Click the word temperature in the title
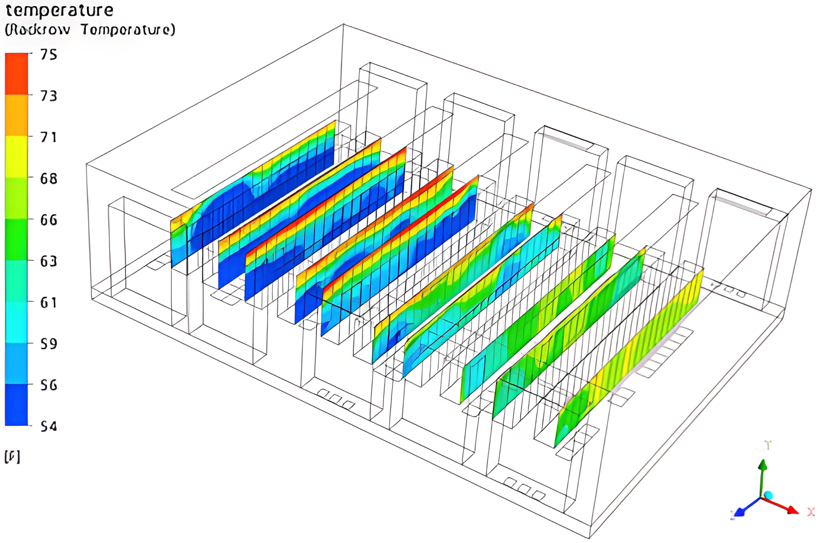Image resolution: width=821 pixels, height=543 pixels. [x=59, y=10]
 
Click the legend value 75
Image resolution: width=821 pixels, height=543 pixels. [x=49, y=55]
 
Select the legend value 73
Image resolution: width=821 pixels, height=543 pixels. [x=49, y=96]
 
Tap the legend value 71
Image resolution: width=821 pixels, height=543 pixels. [x=49, y=137]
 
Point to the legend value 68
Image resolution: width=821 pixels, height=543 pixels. [x=49, y=178]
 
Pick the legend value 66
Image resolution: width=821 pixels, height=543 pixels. [x=49, y=220]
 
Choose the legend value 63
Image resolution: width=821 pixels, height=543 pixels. [x=49, y=261]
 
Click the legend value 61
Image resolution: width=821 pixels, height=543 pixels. [x=49, y=302]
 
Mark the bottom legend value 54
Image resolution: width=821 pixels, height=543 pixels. [x=49, y=426]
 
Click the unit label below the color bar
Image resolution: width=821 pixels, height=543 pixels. [x=12, y=457]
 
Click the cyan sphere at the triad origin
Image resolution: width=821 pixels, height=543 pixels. [x=768, y=495]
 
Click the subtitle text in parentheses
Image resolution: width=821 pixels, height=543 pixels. [x=90, y=30]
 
